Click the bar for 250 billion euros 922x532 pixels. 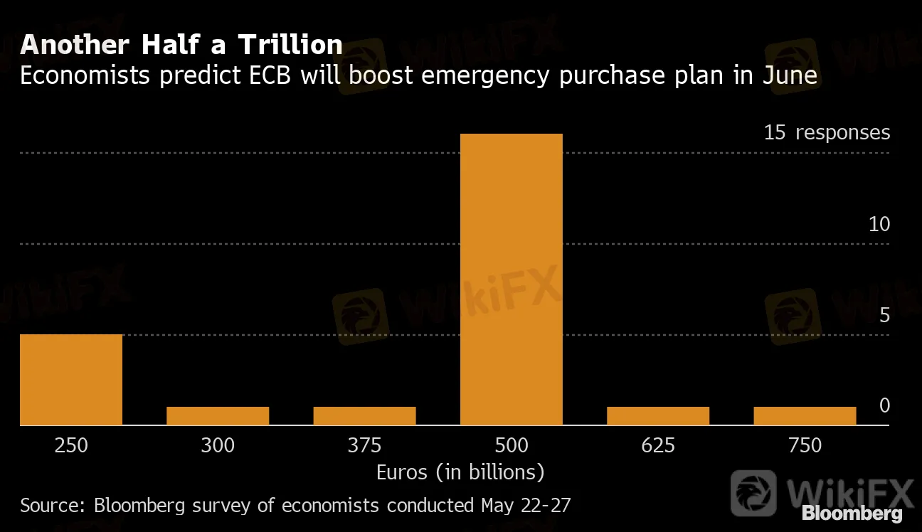[71, 380]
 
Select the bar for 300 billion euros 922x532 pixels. [218, 416]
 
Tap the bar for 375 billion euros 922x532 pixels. [364, 416]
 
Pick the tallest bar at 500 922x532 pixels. [511, 280]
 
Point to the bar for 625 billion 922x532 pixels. [658, 416]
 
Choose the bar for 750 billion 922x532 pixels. [805, 416]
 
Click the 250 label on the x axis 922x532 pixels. [71, 446]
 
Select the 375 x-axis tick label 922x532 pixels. [364, 446]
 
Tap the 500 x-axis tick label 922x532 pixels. [511, 446]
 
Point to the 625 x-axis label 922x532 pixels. [658, 446]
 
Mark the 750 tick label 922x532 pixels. [805, 446]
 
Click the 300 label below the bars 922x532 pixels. [218, 446]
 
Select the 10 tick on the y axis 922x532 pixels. [879, 224]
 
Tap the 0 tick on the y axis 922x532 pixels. [884, 405]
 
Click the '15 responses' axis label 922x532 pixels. [827, 132]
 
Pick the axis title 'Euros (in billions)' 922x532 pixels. [460, 472]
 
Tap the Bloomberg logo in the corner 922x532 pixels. [852, 514]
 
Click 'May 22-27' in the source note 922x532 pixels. [526, 506]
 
